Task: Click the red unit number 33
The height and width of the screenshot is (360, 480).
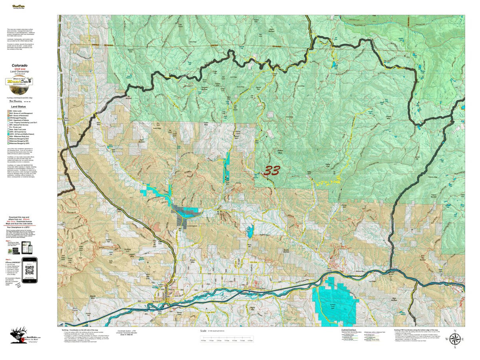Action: (x=272, y=171)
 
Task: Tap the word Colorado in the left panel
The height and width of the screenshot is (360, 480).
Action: (x=19, y=65)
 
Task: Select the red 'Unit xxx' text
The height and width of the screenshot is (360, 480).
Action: (x=19, y=69)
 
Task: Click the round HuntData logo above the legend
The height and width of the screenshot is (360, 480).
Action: (x=19, y=82)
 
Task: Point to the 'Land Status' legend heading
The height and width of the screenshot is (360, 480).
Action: (x=18, y=107)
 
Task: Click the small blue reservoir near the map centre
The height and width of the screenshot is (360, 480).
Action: (x=250, y=232)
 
